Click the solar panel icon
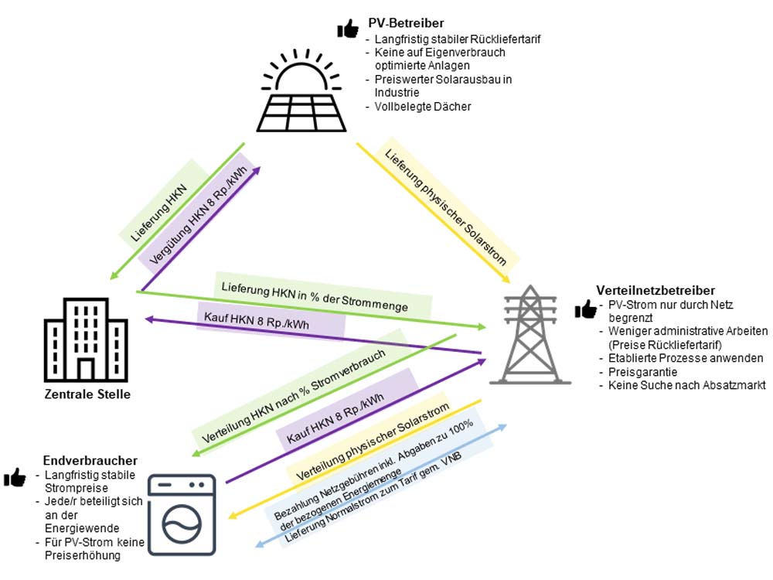click(301, 90)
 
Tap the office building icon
click(86, 339)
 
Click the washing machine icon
click(182, 515)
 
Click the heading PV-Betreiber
click(406, 22)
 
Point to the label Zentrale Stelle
click(87, 394)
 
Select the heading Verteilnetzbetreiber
click(656, 290)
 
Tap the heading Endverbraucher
click(90, 460)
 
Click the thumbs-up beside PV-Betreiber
click(348, 29)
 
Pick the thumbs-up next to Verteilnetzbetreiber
click(586, 309)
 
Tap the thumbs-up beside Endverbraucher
click(15, 477)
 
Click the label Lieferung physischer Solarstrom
click(445, 207)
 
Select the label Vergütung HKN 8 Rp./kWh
click(198, 215)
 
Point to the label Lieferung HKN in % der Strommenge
click(315, 297)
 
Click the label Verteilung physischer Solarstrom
click(373, 441)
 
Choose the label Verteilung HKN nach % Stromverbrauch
click(293, 395)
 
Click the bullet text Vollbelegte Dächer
click(423, 107)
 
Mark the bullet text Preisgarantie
click(642, 372)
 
